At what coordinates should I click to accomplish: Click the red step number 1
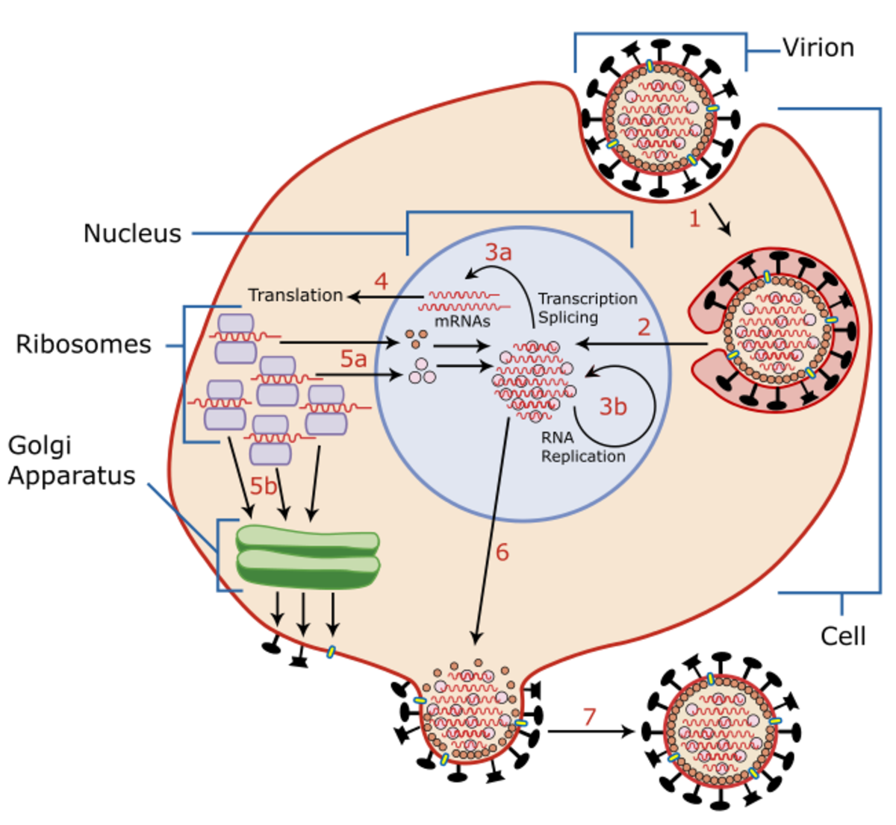(x=694, y=219)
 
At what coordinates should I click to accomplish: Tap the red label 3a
(x=498, y=252)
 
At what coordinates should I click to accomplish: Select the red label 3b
(x=613, y=407)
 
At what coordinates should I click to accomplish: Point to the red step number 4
(x=381, y=282)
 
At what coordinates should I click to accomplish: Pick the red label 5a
(x=353, y=359)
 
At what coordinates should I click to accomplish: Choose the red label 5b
(x=263, y=486)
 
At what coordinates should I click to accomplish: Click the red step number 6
(x=502, y=553)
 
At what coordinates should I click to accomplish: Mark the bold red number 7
(x=589, y=718)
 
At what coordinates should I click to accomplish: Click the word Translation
(x=295, y=295)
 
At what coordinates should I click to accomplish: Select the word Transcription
(x=588, y=298)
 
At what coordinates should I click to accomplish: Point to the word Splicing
(x=567, y=317)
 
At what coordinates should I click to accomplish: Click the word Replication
(x=583, y=456)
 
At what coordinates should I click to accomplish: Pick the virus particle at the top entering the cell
(x=659, y=117)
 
